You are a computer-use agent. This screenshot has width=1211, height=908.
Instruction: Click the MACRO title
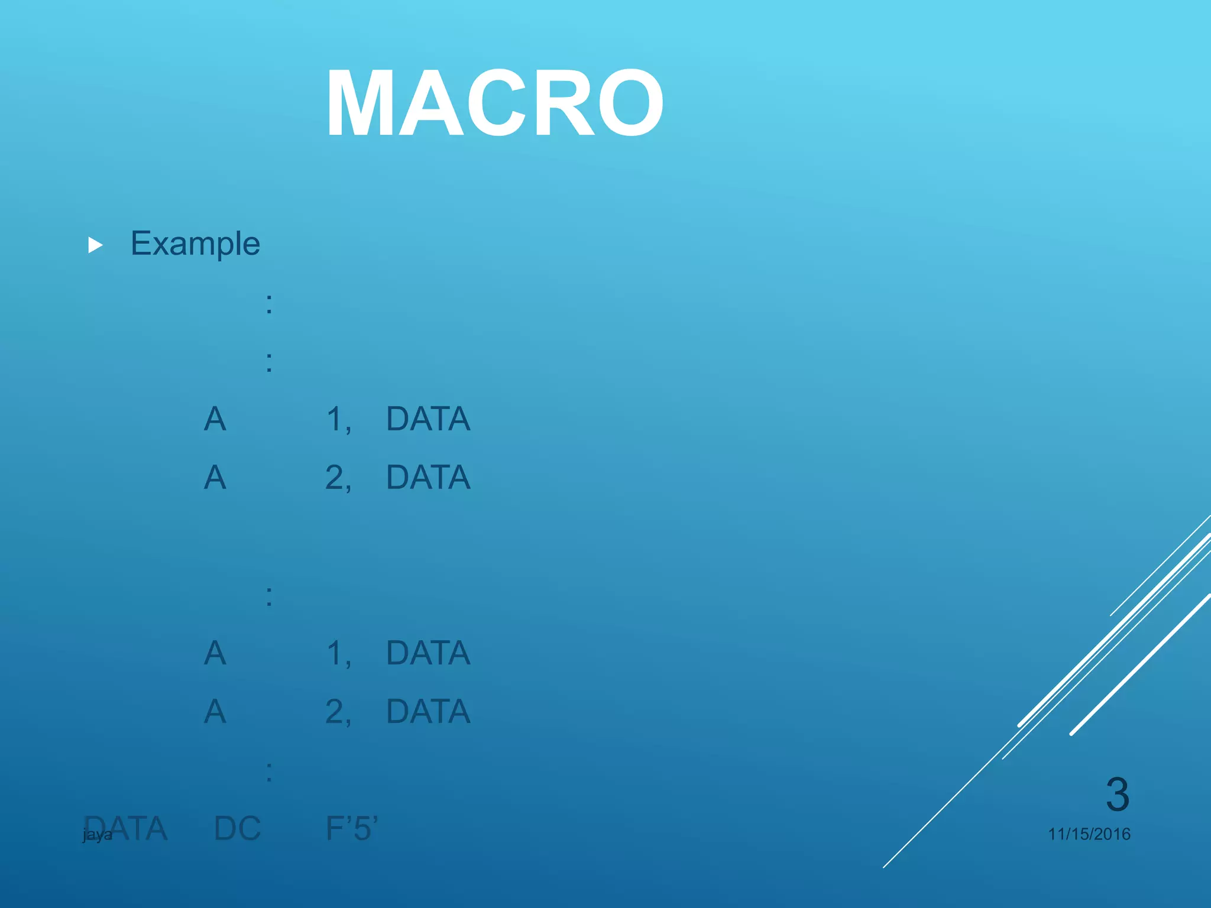tap(494, 103)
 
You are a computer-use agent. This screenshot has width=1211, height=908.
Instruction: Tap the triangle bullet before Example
tap(95, 245)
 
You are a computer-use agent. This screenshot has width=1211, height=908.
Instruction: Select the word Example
tap(195, 244)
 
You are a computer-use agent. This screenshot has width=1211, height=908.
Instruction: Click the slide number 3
tap(1117, 794)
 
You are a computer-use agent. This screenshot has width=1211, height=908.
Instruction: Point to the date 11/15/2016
tap(1089, 834)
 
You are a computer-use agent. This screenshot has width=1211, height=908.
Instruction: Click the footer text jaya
tap(97, 835)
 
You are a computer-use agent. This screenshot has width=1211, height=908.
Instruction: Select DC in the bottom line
tap(237, 828)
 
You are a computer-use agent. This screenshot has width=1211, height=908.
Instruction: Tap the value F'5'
tap(352, 828)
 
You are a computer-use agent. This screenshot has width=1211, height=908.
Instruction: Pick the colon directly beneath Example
tap(269, 304)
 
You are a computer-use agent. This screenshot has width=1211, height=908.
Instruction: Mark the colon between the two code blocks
tap(269, 596)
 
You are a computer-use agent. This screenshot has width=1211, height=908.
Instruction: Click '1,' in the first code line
tap(339, 420)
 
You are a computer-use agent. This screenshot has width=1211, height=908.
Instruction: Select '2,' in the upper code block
tap(338, 478)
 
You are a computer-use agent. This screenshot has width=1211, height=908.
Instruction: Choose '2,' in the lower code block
tap(338, 712)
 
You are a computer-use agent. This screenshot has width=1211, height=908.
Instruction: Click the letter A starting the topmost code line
tap(215, 419)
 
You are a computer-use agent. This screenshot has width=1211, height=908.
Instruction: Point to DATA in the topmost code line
tap(428, 419)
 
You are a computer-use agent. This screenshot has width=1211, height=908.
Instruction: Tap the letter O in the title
tap(631, 103)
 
